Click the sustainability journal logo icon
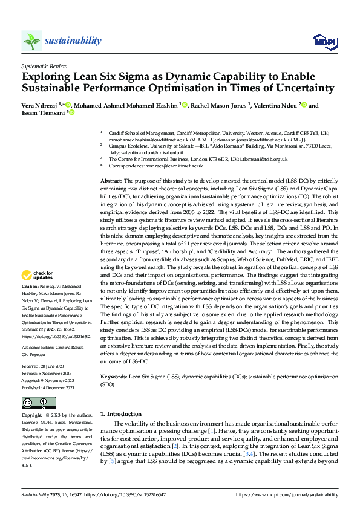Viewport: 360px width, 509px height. coord(32,41)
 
